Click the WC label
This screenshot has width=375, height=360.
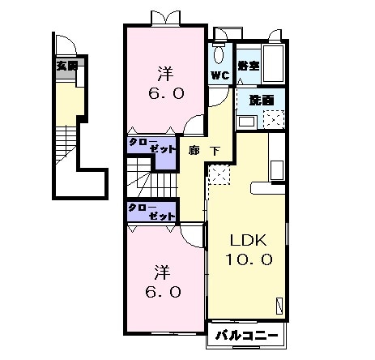tap(220, 75)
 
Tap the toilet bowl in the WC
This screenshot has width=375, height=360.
tap(219, 54)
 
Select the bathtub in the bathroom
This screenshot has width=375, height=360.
tap(273, 63)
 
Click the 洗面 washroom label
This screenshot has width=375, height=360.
tap(262, 101)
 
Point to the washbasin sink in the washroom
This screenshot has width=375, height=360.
tap(246, 122)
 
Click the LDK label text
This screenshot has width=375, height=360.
tap(249, 240)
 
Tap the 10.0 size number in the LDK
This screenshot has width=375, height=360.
tap(249, 259)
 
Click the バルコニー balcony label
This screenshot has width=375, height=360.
tap(246, 336)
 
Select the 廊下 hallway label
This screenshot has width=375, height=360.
tap(204, 151)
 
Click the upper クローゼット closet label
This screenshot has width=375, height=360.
tap(152, 146)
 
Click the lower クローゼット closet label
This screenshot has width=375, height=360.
tap(151, 212)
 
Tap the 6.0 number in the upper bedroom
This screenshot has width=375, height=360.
tap(166, 93)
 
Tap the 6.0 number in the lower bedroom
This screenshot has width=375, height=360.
tap(163, 292)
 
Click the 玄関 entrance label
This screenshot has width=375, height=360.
tap(67, 66)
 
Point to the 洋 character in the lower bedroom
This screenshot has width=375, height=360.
tap(162, 272)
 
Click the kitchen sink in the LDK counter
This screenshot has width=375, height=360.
tap(277, 170)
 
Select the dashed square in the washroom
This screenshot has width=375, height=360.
tap(274, 119)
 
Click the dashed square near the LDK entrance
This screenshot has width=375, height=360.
tap(219, 174)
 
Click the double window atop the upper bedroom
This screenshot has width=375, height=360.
tap(165, 19)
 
